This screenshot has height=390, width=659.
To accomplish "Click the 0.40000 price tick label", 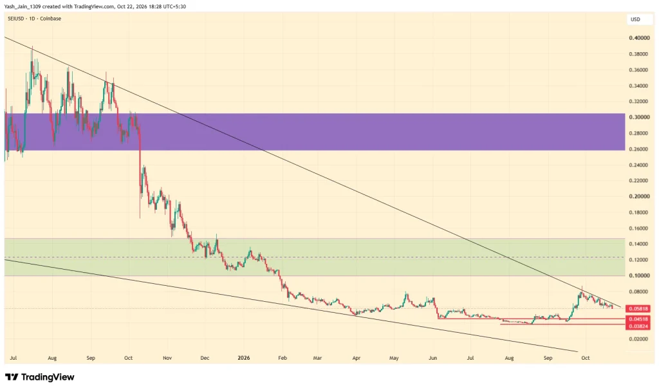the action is (x=639, y=38).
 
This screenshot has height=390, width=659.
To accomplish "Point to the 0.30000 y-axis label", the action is (x=639, y=117).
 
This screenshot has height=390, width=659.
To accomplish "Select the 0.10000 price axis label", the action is (x=639, y=275).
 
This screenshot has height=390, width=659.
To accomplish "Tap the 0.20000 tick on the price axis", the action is (x=639, y=196).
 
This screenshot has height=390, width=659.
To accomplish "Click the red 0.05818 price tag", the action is (x=639, y=308).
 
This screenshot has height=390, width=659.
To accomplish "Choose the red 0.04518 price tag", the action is (x=639, y=319).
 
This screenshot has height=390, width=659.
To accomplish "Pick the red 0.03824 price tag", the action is (x=639, y=326).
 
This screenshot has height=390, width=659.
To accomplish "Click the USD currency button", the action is (x=635, y=19).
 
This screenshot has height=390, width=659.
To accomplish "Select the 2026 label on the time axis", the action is (x=244, y=358).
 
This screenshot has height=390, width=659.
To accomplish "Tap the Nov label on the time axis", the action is (x=167, y=358).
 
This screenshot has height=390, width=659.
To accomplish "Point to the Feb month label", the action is (x=283, y=358).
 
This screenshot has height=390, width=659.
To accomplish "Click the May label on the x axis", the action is (x=394, y=358).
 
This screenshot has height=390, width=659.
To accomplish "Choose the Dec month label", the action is (x=205, y=358).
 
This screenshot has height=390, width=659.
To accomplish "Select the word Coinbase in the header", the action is (x=50, y=19).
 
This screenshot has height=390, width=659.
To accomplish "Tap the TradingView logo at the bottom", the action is (x=40, y=377).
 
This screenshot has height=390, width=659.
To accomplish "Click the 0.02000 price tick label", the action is (x=639, y=339).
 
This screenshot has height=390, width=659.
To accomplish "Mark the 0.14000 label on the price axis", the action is (x=639, y=244).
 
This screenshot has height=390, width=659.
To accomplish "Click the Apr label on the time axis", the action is (x=357, y=358).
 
